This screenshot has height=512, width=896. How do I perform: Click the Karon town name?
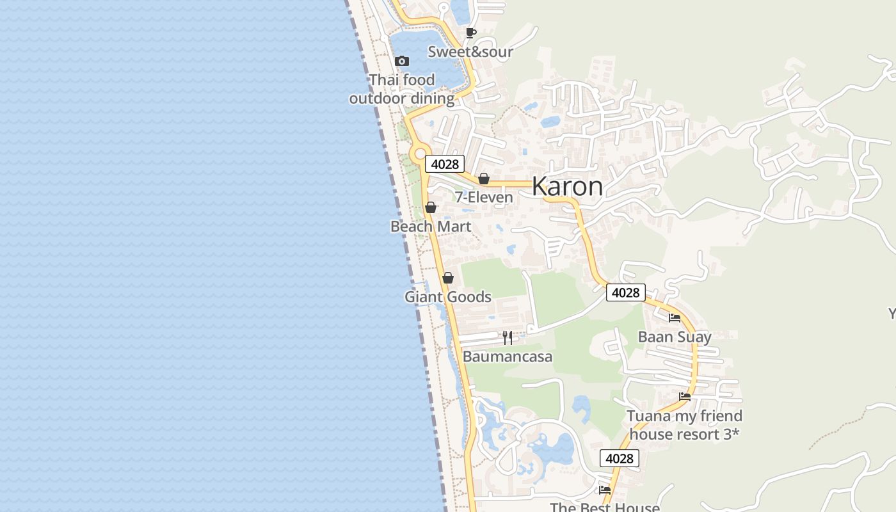pyautogui.click(x=567, y=186)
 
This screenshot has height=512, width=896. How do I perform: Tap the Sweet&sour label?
pyautogui.click(x=470, y=52)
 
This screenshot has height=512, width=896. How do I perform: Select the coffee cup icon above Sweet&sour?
pyautogui.click(x=471, y=33)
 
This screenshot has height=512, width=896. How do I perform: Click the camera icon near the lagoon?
pyautogui.click(x=402, y=61)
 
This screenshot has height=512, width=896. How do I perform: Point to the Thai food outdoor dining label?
pyautogui.click(x=402, y=89)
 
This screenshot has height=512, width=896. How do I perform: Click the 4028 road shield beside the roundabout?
pyautogui.click(x=445, y=164)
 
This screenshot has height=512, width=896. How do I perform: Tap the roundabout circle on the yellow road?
pyautogui.click(x=420, y=154)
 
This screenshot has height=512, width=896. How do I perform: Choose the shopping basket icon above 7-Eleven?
pyautogui.click(x=484, y=179)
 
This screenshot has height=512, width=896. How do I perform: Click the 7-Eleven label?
pyautogui.click(x=484, y=197)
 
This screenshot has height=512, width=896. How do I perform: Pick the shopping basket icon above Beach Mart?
pyautogui.click(x=431, y=207)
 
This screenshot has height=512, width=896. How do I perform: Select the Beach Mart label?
pyautogui.click(x=431, y=227)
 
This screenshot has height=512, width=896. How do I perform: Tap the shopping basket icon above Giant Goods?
pyautogui.click(x=448, y=278)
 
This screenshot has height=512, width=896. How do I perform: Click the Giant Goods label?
pyautogui.click(x=448, y=297)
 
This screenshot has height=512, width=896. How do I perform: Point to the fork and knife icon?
pyautogui.click(x=508, y=337)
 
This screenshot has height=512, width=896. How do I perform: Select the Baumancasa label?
pyautogui.click(x=508, y=356)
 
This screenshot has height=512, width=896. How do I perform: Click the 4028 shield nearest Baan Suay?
pyautogui.click(x=625, y=292)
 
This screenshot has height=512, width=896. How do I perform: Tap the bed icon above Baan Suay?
pyautogui.click(x=675, y=317)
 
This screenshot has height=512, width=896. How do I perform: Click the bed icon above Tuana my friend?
pyautogui.click(x=685, y=397)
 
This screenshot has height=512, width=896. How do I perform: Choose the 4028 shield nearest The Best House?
pyautogui.click(x=619, y=458)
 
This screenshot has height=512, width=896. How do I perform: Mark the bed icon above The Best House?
pyautogui.click(x=605, y=490)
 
